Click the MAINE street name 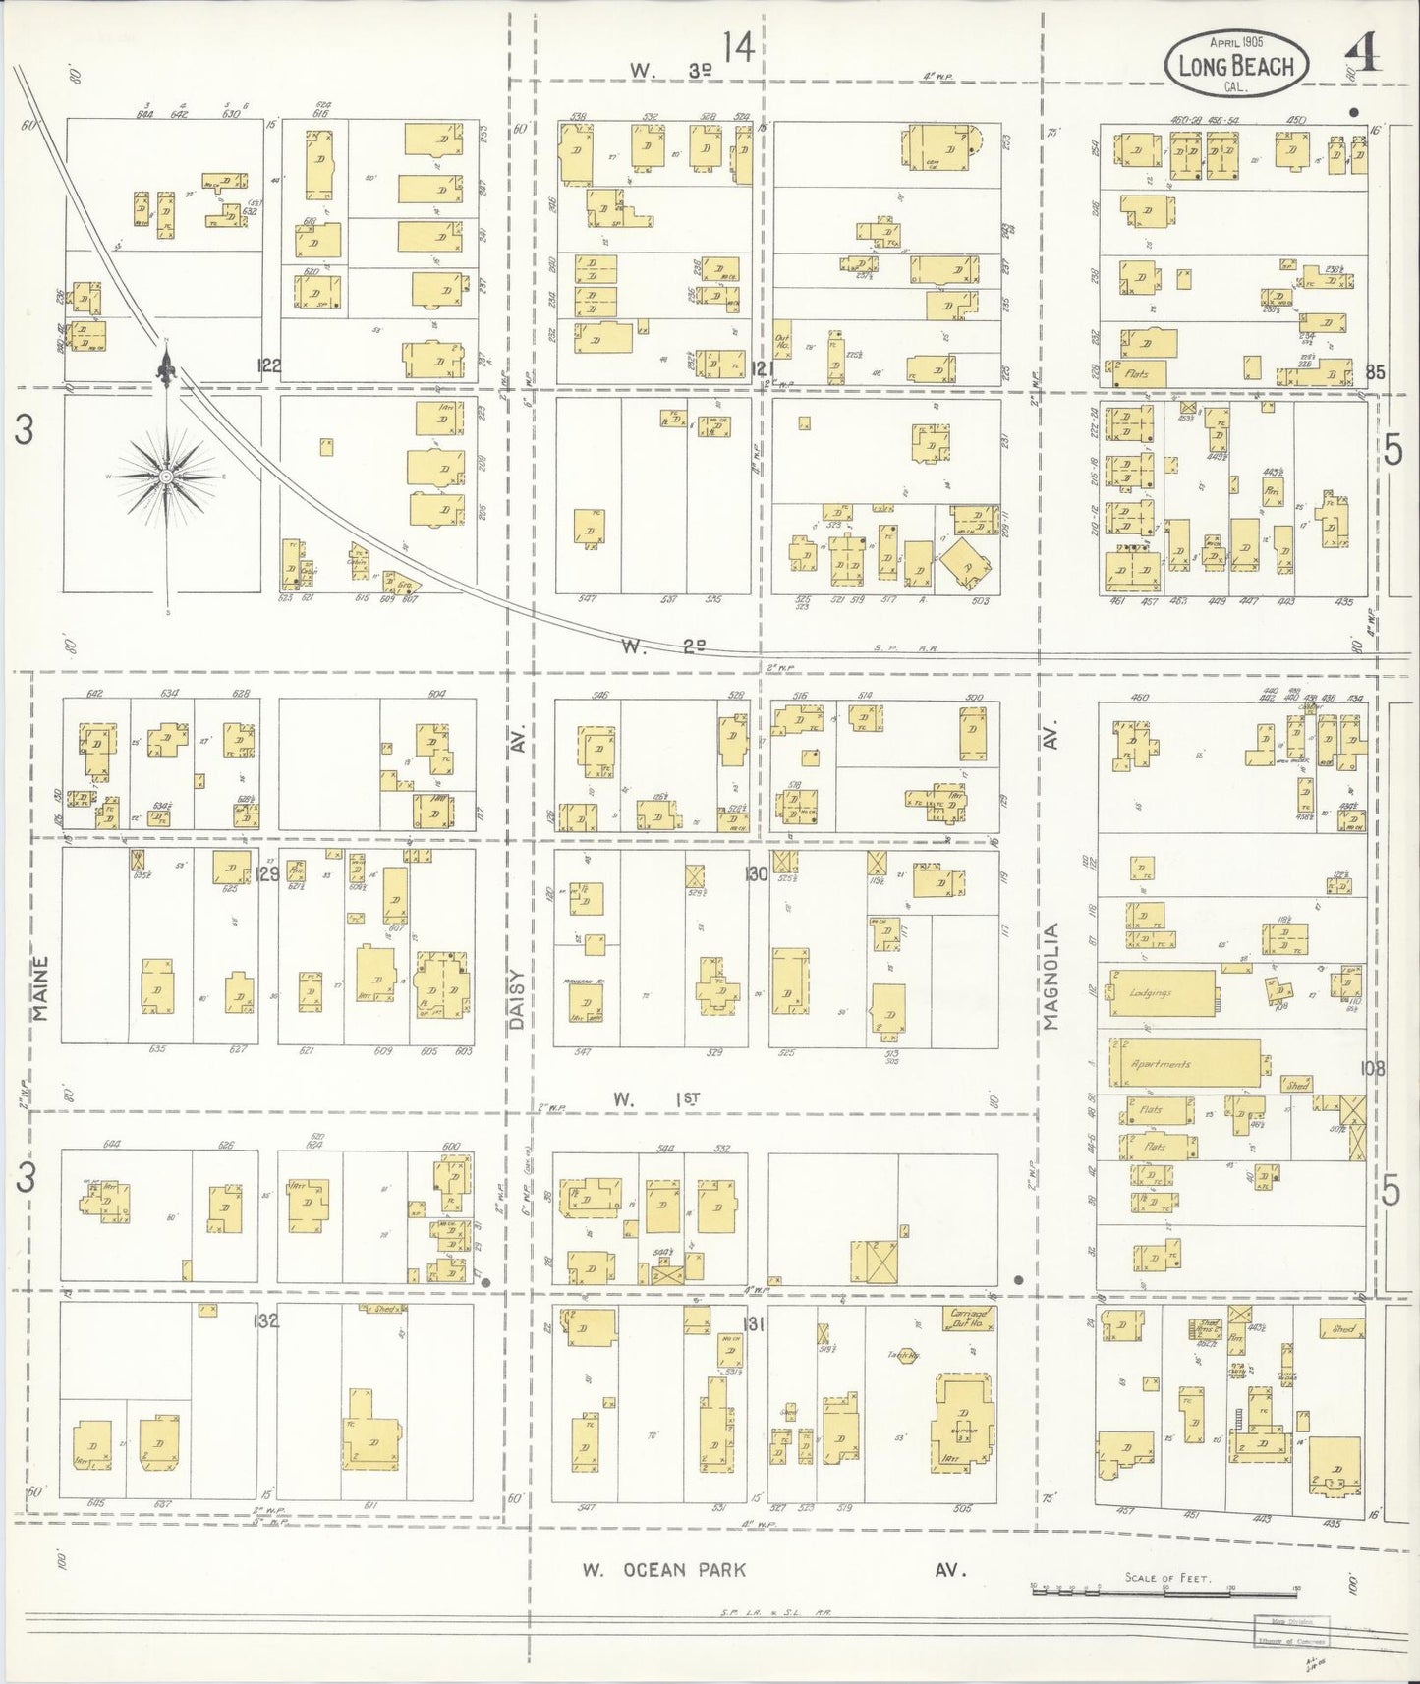tap(41, 986)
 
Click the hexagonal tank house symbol tap(902, 1353)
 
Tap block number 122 tap(269, 366)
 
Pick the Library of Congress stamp tap(1289, 1632)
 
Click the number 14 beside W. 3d tap(739, 47)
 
